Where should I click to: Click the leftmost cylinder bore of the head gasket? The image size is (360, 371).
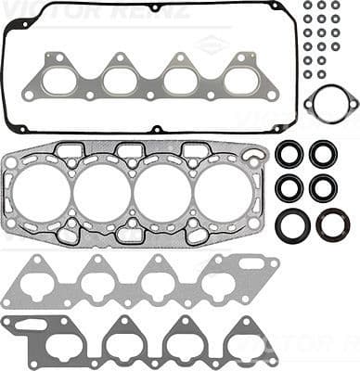coord(43,194)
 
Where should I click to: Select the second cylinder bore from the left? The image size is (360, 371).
coord(102,194)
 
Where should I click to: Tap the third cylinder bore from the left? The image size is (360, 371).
coord(162,194)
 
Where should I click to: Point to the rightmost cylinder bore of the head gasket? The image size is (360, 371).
coord(223,194)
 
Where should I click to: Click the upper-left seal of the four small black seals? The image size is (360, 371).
coord(289,154)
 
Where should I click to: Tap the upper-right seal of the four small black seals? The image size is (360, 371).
coord(324,154)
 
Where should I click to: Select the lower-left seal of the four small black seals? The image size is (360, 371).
coord(289,187)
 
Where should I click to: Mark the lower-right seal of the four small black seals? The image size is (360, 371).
coord(324,187)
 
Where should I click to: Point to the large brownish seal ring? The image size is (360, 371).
coord(333,224)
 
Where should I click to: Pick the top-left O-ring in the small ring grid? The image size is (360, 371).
coord(308,6)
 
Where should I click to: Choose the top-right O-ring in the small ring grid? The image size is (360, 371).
coord(335,6)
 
